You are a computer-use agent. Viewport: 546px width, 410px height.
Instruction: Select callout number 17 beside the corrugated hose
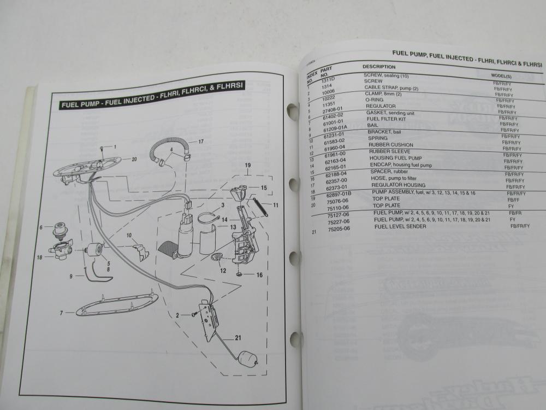coord(201,141)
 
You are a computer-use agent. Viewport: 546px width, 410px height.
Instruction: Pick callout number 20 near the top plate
coord(134,159)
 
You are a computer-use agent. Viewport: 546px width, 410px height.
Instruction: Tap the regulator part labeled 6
coord(59,232)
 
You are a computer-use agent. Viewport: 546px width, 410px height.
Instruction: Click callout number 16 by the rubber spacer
coord(259,274)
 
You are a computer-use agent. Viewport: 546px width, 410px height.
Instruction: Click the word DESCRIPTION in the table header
coord(379,67)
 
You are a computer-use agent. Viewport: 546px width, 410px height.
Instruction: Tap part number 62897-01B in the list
coord(341,194)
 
